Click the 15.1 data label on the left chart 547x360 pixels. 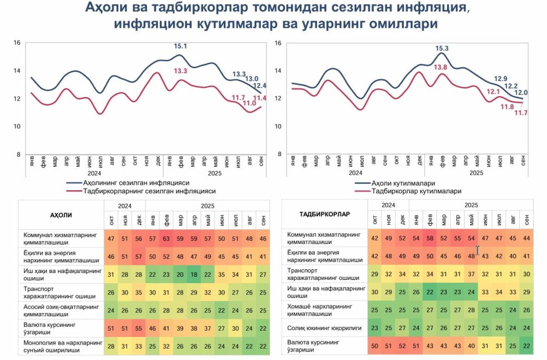click(x=181, y=46)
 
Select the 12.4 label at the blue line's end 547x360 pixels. click(x=260, y=85)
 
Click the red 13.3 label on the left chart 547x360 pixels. click(x=181, y=71)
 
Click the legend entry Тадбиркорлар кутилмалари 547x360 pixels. click(x=416, y=191)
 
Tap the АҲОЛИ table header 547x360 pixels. click(x=61, y=215)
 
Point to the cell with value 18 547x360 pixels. click(x=195, y=275)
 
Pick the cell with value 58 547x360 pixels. click(x=430, y=238)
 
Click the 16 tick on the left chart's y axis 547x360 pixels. click(x=17, y=43)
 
